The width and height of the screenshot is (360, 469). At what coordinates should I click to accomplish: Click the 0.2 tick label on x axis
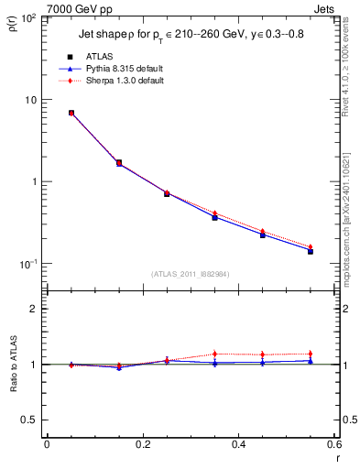pyautogui.click(x=142, y=445)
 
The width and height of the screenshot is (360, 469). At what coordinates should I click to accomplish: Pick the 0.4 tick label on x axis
pyautogui.click(x=238, y=445)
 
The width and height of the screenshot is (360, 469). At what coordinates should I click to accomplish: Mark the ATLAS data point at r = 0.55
pyautogui.click(x=311, y=250)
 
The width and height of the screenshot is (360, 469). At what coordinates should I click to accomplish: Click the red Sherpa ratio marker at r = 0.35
pyautogui.click(x=214, y=354)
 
